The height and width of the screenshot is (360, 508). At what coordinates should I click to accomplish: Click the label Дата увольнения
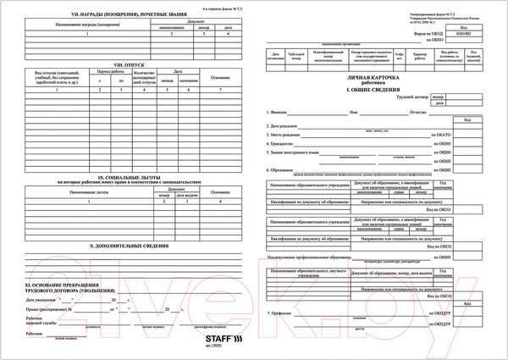point(43,300)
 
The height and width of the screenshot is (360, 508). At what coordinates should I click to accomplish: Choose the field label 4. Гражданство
point(282,143)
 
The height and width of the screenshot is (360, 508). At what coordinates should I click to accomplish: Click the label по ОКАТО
point(442,135)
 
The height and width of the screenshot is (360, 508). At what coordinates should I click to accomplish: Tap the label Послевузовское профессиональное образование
point(316,254)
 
